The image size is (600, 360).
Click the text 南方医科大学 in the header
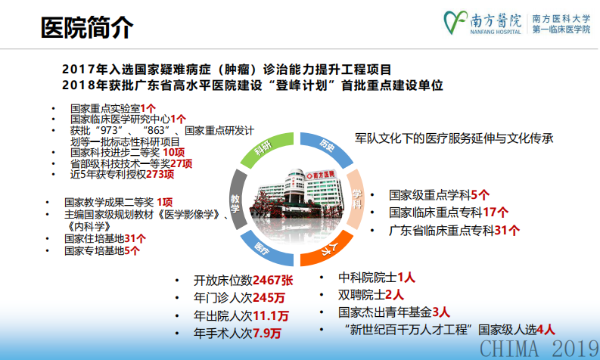[x=561, y=16]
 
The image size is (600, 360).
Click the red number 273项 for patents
[x=160, y=174]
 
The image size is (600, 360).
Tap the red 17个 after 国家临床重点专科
[x=496, y=213]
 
